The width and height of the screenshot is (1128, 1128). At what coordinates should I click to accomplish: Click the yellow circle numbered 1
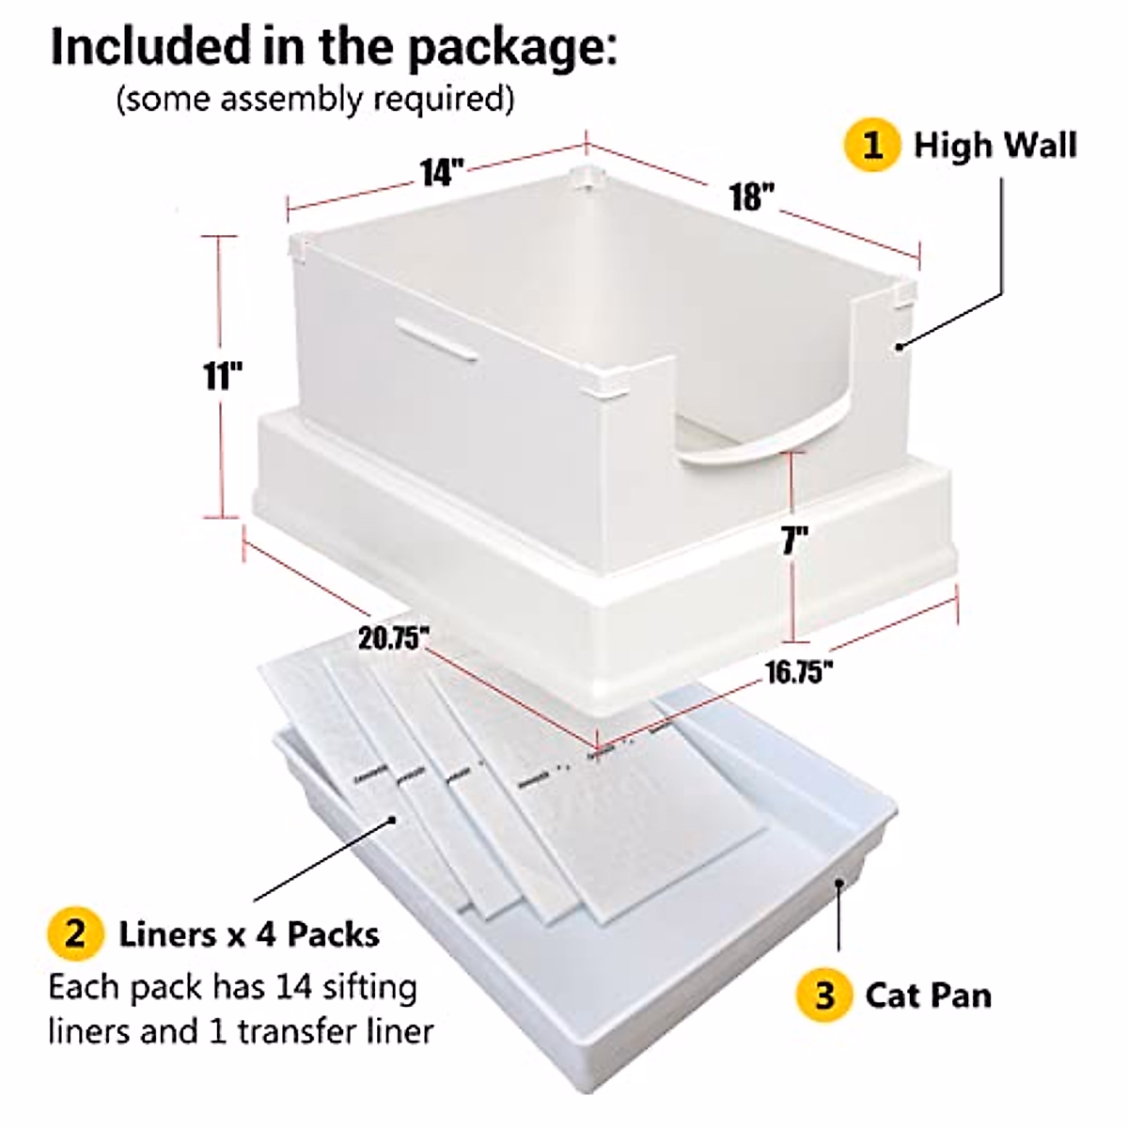point(873,146)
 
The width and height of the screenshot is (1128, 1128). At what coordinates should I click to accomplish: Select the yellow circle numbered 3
point(824,995)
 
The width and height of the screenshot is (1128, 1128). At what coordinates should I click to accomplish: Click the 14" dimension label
point(441,173)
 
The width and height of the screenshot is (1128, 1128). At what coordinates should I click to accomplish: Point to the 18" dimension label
point(752,196)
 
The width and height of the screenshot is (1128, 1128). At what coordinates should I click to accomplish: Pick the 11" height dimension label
point(223,376)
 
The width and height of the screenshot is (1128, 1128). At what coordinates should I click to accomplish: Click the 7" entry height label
point(794,541)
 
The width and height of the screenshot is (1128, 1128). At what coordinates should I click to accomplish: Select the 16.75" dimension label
point(798,672)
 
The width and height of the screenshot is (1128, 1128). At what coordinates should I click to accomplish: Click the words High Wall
point(995,146)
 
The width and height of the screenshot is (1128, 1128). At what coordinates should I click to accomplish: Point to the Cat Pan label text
point(928,995)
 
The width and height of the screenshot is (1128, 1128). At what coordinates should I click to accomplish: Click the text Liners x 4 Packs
point(249,934)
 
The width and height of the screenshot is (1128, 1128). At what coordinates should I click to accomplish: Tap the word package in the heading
point(512,47)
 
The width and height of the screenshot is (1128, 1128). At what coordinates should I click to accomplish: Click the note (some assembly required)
point(315,99)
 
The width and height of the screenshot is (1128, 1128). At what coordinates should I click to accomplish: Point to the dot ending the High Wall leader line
point(900,346)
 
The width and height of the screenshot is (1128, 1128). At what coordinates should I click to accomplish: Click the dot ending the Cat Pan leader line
point(839,882)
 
